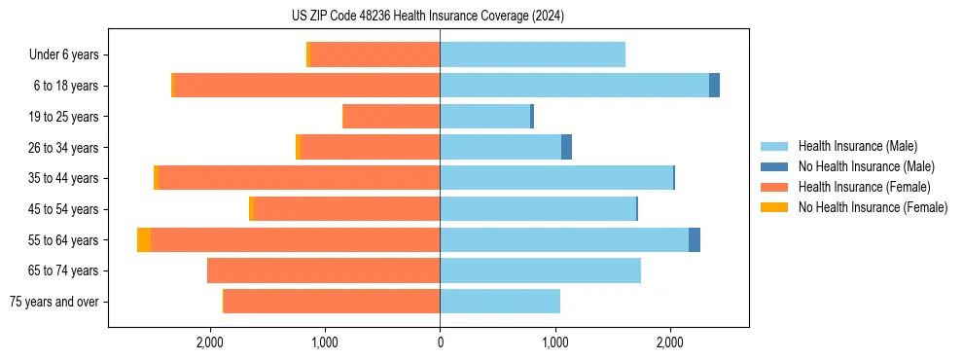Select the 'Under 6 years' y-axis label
click(70, 55)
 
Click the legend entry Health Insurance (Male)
click(857, 146)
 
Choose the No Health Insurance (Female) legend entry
click(873, 207)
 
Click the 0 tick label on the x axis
click(440, 342)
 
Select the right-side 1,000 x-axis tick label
click(554, 342)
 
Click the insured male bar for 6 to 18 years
click(574, 86)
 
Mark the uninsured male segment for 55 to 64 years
click(695, 240)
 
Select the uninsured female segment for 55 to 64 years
click(144, 240)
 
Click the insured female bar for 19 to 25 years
click(392, 117)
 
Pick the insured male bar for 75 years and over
click(500, 302)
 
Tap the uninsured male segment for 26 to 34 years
click(567, 147)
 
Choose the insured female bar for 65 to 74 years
click(324, 270)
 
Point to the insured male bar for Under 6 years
click(532, 55)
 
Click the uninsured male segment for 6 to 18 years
click(714, 86)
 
